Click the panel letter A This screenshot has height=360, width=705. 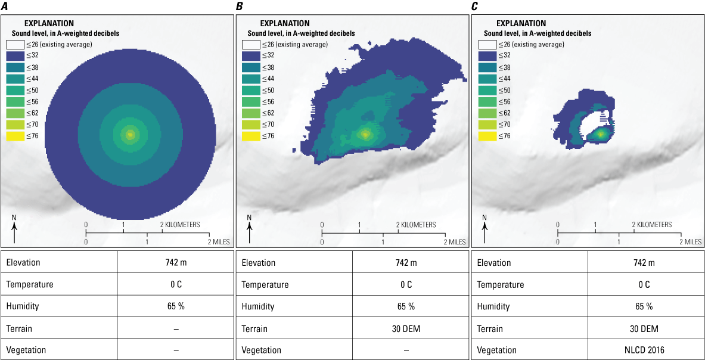(5, 6)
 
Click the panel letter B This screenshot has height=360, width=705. (240, 6)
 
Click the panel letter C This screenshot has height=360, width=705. (475, 6)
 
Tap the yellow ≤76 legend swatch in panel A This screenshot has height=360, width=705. (14, 136)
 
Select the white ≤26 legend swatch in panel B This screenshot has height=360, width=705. (250, 45)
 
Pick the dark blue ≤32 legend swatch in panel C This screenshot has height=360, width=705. (486, 56)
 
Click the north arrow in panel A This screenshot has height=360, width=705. (14, 230)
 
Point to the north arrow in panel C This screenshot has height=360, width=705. (485, 230)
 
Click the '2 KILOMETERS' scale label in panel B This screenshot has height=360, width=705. (417, 225)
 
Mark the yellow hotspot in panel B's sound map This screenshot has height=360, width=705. (365, 134)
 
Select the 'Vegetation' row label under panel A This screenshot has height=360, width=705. (26, 350)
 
